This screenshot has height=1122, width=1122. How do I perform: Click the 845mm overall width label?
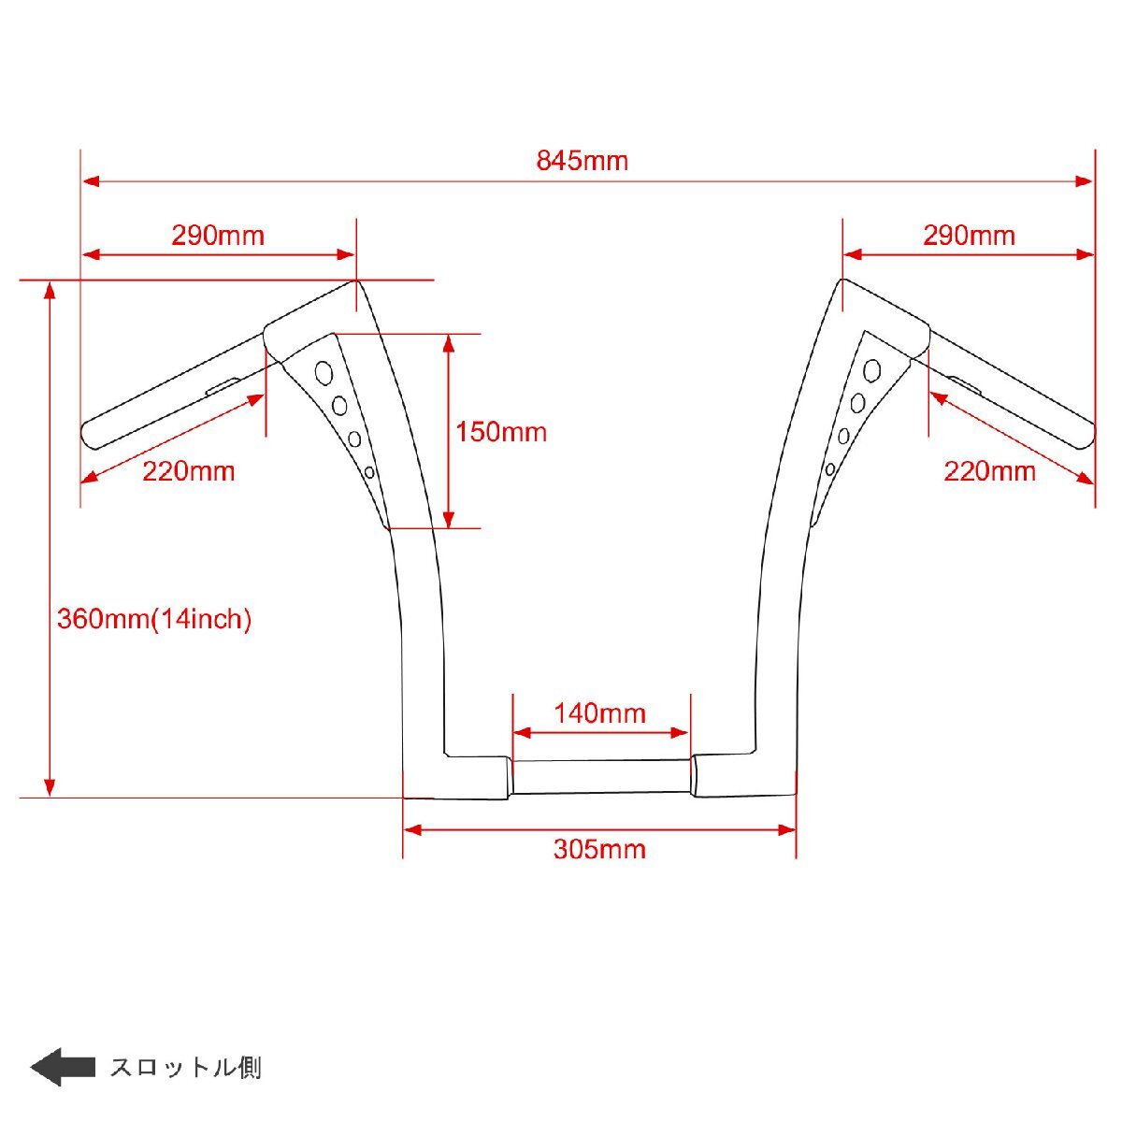coord(582,161)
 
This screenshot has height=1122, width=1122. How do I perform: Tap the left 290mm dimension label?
coord(218,236)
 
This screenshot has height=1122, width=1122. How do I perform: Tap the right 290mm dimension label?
coord(969,236)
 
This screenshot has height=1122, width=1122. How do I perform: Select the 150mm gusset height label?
coord(501,432)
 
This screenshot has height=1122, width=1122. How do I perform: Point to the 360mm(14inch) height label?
coord(154,619)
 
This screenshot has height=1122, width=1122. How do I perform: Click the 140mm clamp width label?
coord(599,713)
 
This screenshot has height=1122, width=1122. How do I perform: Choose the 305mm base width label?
coord(599,850)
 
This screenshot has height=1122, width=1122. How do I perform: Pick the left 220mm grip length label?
coord(189,471)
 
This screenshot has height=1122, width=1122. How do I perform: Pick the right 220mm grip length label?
coord(989,471)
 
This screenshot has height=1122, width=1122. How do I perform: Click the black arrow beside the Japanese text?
coord(63,1067)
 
